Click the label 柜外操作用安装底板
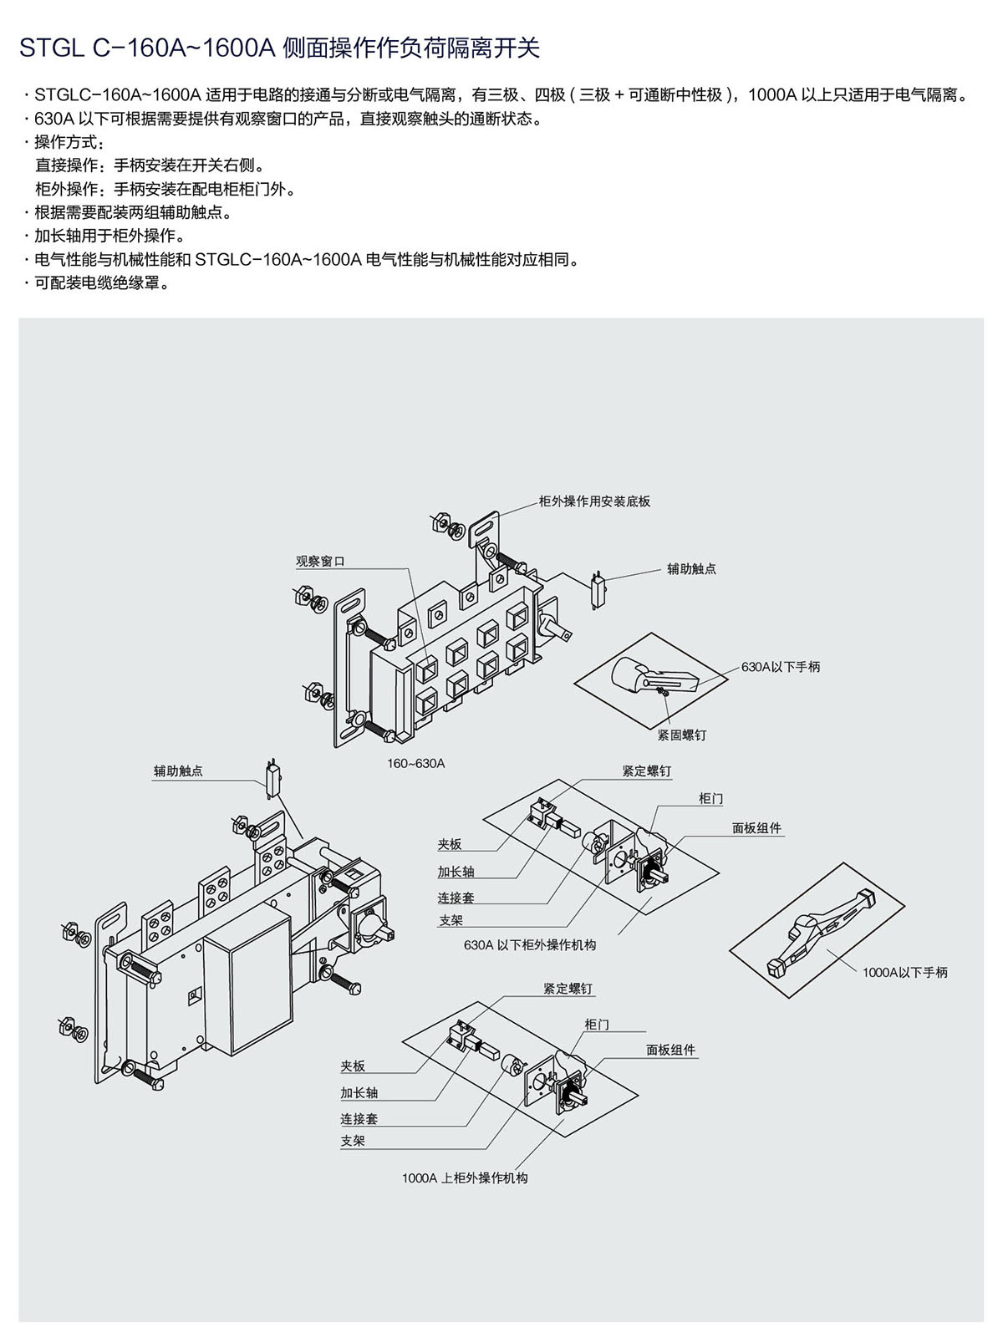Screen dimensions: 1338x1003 594,501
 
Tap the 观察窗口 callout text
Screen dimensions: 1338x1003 320,562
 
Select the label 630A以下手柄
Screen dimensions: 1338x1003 780,667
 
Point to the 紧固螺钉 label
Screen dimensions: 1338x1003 681,735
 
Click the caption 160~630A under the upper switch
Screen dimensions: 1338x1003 415,763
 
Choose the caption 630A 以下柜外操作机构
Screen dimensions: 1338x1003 530,945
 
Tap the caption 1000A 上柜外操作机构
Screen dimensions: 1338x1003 465,1178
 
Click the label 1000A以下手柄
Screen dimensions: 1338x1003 905,972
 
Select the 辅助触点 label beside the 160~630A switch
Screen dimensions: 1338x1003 691,568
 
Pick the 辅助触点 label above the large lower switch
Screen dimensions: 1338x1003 178,771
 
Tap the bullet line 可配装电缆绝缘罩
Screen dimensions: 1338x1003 102,283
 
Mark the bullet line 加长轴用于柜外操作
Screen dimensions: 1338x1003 109,236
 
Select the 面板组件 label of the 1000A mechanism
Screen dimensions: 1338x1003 670,1050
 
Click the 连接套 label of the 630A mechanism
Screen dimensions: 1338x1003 456,898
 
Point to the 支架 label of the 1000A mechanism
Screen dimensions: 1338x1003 353,1140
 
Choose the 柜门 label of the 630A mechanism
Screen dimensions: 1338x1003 710,799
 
